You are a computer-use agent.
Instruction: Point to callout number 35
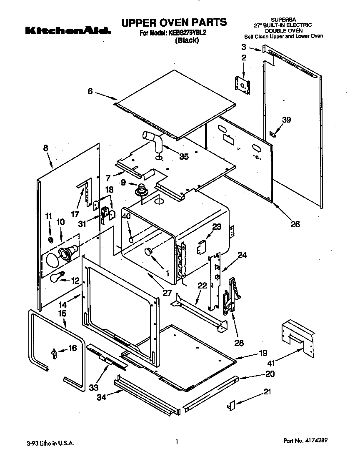(x=183, y=157)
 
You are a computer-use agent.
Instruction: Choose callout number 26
(x=295, y=224)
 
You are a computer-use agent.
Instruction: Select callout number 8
(x=45, y=148)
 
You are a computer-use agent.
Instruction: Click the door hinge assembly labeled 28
(x=230, y=296)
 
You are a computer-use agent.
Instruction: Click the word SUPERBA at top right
(x=283, y=20)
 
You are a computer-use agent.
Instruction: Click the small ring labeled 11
(x=50, y=240)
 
